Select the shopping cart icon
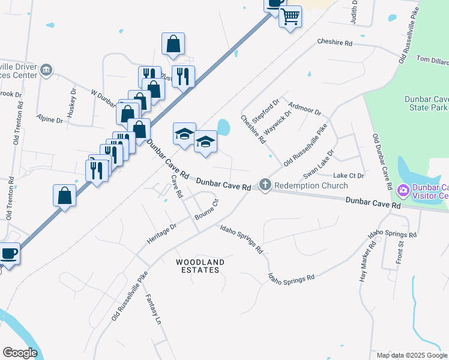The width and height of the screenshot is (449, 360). tap(290, 16)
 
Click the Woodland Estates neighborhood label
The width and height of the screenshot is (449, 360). tap(200, 266)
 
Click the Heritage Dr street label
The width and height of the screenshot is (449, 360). tap(162, 233)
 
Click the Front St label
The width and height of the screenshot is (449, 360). tap(401, 251)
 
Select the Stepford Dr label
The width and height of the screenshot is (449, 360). tap(266, 111)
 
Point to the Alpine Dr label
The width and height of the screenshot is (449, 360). tap(50, 119)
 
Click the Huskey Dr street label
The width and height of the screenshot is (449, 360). tap(72, 103)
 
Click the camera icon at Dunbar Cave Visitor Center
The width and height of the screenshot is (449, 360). tap(403, 191)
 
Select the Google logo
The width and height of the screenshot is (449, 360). tap(20, 353)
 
